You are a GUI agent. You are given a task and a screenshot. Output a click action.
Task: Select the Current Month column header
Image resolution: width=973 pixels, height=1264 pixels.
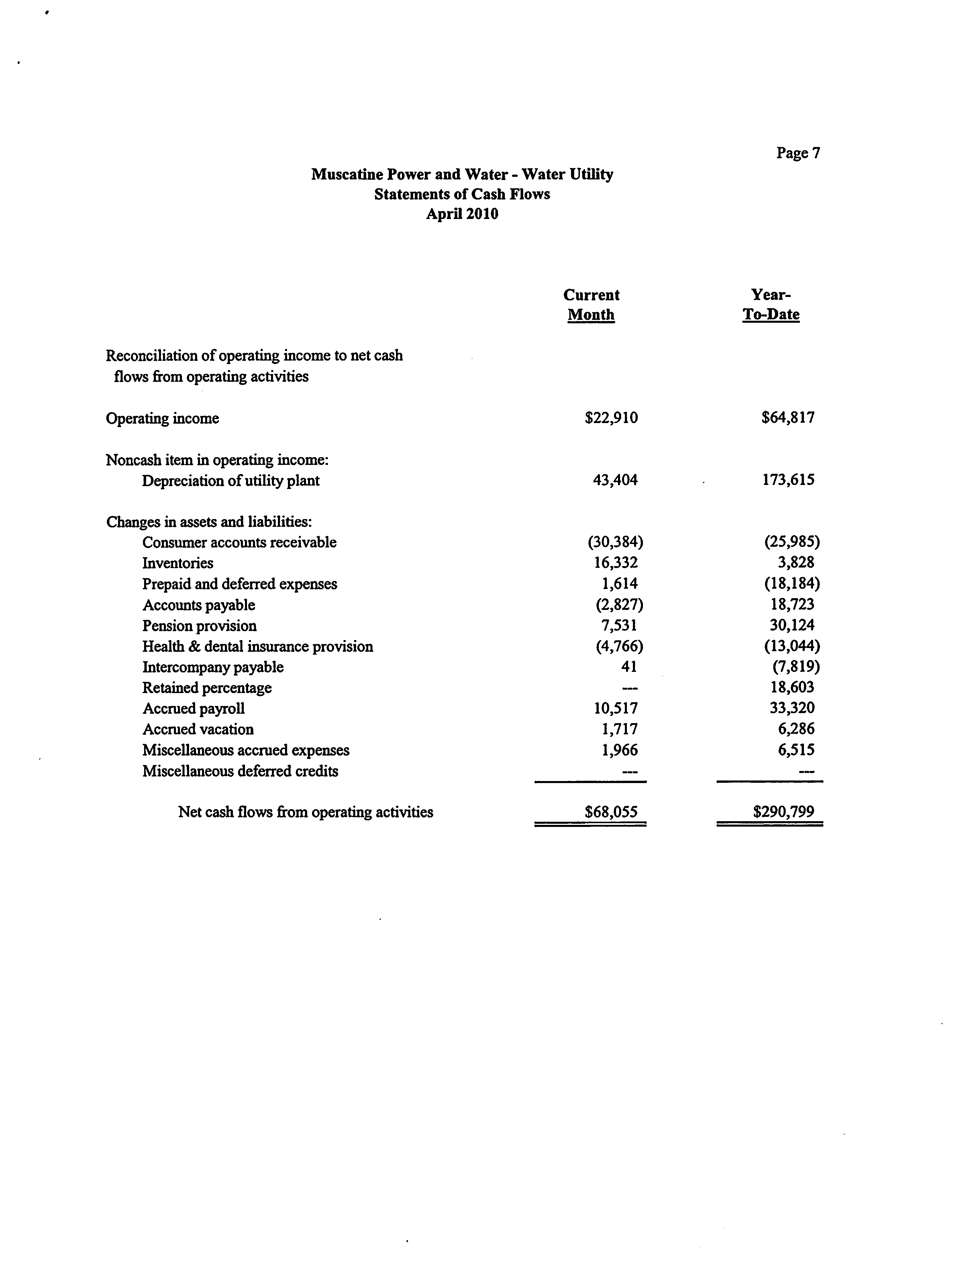point(591,305)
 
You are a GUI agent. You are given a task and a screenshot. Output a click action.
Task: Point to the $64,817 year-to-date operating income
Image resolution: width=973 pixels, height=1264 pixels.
point(788,418)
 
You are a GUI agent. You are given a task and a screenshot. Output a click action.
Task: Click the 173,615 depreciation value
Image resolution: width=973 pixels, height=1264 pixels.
point(788,480)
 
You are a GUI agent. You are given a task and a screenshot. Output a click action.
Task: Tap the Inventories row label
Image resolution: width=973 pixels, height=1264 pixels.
point(178,563)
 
